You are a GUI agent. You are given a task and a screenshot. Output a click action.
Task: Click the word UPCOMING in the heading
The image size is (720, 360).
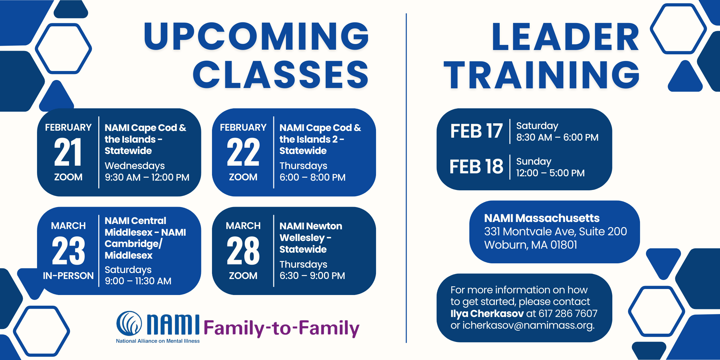[256, 36]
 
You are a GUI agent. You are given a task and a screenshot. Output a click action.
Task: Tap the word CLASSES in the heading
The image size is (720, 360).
[281, 75]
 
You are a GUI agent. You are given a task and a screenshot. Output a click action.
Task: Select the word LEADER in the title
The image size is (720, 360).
[565, 37]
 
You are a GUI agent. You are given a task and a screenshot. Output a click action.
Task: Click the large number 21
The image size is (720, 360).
[68, 152]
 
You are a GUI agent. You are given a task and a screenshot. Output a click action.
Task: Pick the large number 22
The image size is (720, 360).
[243, 152]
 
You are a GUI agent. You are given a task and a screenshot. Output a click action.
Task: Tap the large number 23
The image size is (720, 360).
[68, 251]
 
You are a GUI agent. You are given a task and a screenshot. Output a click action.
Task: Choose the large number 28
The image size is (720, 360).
[243, 251]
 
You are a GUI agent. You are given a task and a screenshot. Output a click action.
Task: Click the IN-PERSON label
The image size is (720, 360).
[68, 276]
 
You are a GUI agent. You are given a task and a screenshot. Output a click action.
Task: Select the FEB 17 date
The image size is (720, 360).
[476, 131]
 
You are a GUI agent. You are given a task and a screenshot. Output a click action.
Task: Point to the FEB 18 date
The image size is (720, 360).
[476, 166]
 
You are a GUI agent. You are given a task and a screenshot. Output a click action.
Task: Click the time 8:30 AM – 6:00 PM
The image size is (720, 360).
[557, 137]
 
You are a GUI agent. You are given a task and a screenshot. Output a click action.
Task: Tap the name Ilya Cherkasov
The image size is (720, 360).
[487, 313]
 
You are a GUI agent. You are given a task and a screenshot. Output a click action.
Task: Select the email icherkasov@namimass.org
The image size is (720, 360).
[528, 325]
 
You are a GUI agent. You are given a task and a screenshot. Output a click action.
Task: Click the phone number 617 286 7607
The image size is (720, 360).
[568, 313]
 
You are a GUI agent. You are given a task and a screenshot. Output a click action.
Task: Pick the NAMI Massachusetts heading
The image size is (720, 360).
[542, 218]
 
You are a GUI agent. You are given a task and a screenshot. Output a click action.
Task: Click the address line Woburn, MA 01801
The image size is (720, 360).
[531, 245]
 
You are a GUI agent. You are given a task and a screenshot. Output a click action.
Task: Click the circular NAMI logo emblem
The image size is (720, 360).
[129, 323]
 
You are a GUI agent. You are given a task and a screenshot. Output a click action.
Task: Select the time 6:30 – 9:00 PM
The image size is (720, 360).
[312, 276]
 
